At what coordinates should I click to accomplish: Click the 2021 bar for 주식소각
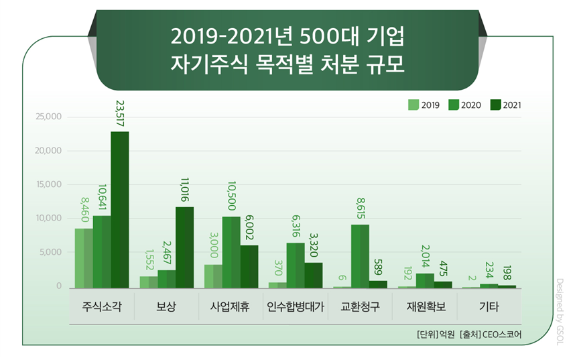[x=120, y=209]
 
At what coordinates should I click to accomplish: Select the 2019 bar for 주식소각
[x=84, y=258]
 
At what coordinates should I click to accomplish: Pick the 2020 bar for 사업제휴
[x=231, y=252]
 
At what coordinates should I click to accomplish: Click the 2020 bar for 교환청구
[x=360, y=256]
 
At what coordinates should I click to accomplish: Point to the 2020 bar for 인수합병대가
[x=296, y=265]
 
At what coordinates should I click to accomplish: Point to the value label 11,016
[x=185, y=190]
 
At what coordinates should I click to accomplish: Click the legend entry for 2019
[x=424, y=105]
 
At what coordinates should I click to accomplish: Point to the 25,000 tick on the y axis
[x=48, y=117]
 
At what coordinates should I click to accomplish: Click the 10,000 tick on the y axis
[x=48, y=219]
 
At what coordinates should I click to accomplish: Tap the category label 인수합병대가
[x=296, y=308]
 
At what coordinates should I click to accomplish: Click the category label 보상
[x=166, y=308]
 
